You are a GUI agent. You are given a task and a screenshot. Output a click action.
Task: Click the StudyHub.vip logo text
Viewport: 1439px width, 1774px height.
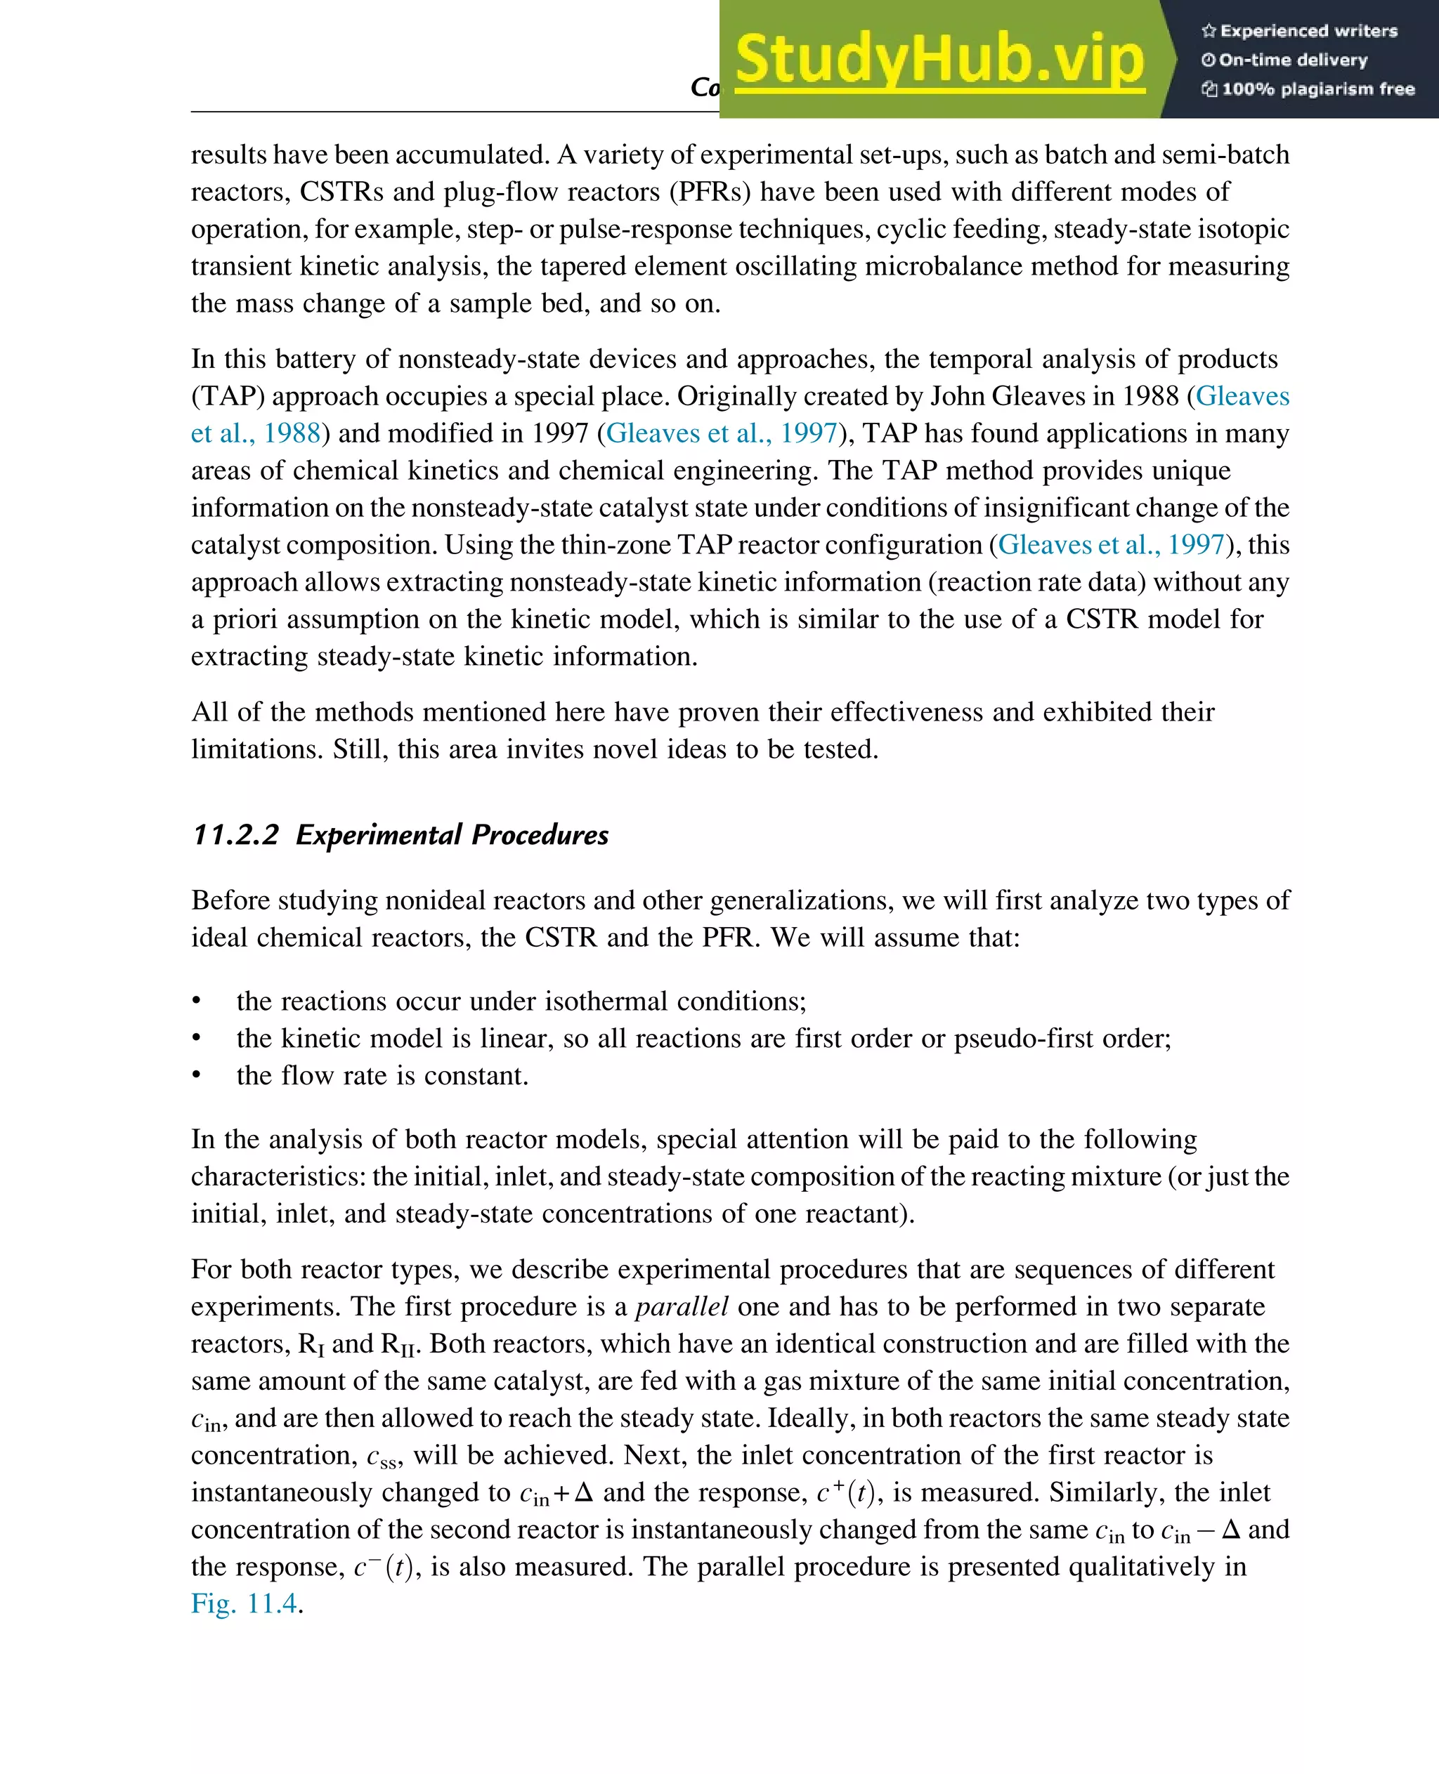(939, 60)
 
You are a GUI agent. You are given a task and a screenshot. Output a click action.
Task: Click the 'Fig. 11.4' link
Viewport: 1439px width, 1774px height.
(244, 1603)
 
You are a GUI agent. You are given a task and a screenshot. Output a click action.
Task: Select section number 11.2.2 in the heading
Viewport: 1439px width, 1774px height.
(235, 834)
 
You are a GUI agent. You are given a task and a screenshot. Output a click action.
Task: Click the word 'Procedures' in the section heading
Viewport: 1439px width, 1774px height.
(540, 834)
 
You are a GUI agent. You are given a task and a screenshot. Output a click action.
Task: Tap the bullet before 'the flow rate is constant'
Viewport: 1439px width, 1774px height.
(197, 1075)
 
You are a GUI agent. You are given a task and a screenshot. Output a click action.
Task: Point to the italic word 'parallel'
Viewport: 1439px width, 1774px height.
(682, 1307)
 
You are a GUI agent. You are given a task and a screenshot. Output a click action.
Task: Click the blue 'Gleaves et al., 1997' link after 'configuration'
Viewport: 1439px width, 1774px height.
(1112, 544)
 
